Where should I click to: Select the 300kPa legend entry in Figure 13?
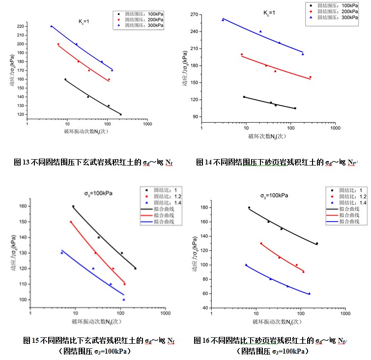click(x=144, y=25)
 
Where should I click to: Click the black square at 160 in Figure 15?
click(x=73, y=206)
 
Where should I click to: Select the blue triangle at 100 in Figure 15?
click(x=124, y=299)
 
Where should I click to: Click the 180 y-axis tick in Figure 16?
click(x=202, y=208)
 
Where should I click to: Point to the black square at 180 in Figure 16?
click(x=249, y=208)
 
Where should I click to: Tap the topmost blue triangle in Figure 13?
click(x=51, y=26)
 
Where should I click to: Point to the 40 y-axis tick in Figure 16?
click(x=203, y=308)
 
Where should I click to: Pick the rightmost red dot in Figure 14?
click(x=310, y=77)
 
